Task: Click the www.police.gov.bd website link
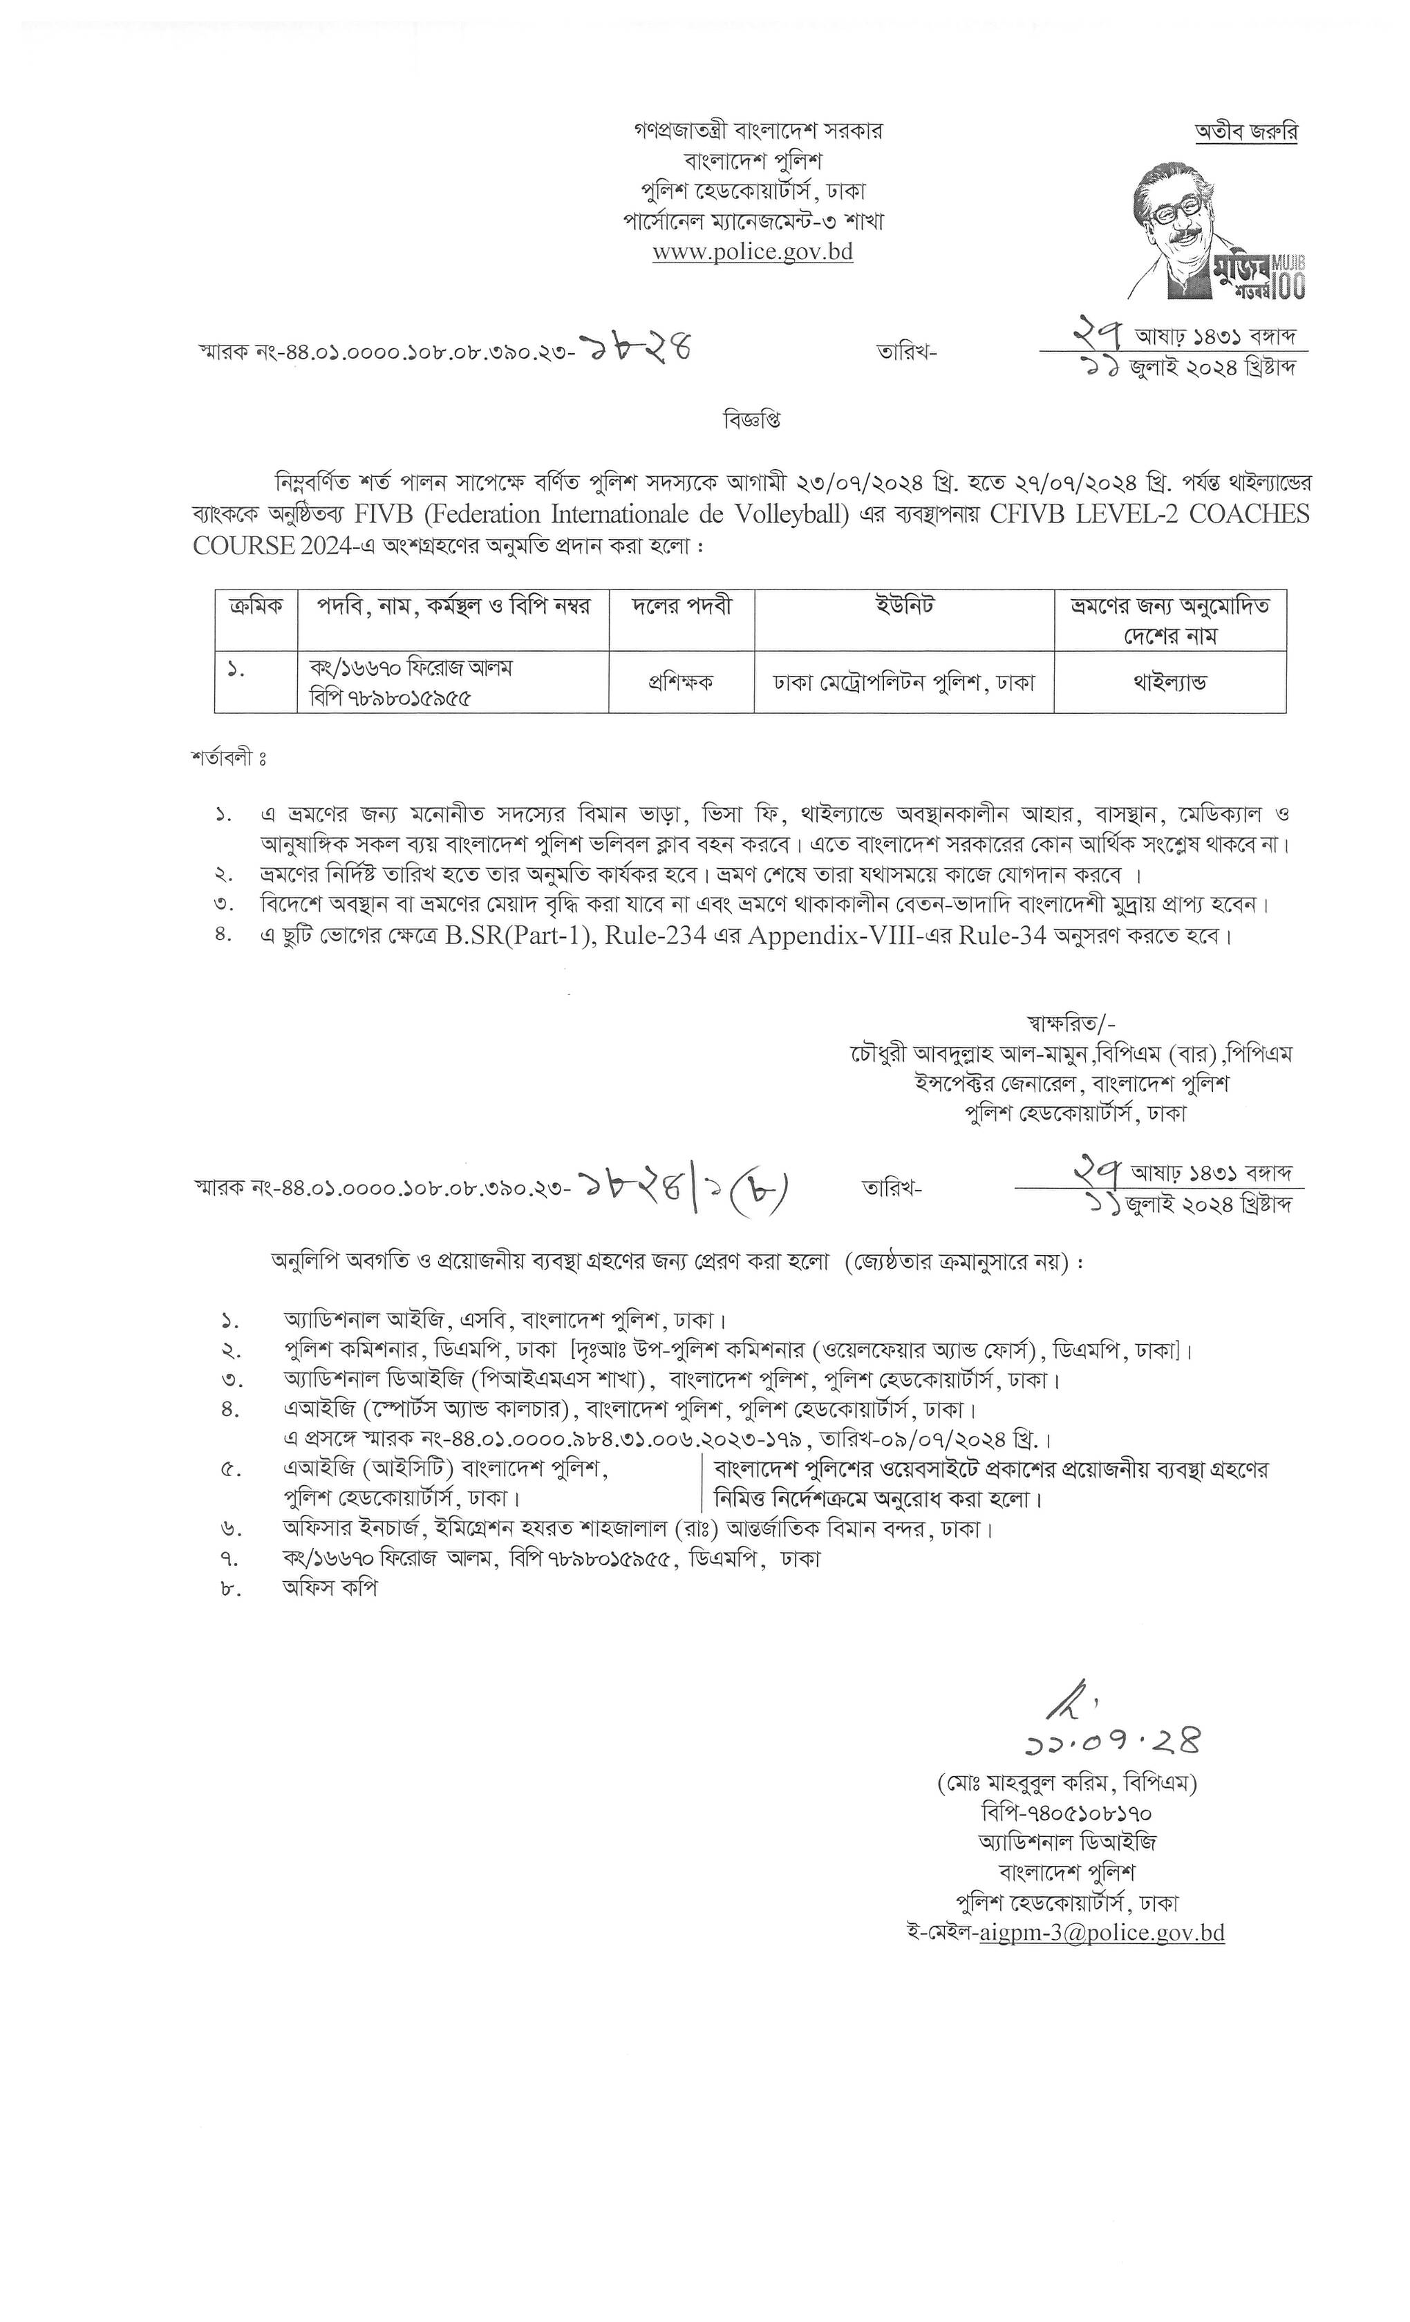(x=752, y=252)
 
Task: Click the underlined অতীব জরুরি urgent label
(x=1246, y=132)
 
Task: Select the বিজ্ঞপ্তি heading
(x=751, y=418)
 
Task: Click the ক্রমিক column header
(x=256, y=607)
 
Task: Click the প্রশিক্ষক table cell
(x=681, y=682)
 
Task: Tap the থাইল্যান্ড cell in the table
(x=1169, y=682)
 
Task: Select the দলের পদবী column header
(x=681, y=607)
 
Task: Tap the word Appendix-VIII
(x=831, y=936)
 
